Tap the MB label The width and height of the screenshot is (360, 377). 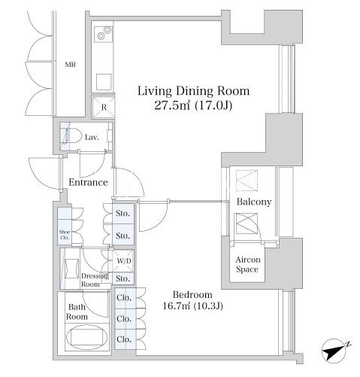[70, 65]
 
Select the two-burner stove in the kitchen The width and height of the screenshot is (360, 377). [103, 34]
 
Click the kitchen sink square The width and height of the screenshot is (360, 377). [104, 82]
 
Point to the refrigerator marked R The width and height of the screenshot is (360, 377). [104, 107]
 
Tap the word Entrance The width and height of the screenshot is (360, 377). [88, 182]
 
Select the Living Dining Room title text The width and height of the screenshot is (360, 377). [193, 91]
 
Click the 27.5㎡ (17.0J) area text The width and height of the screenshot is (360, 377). [193, 105]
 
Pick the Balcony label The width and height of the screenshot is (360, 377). [254, 202]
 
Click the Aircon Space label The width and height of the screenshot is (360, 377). [247, 264]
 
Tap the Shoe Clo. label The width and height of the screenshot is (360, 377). [65, 235]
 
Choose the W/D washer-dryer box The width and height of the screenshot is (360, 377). [123, 261]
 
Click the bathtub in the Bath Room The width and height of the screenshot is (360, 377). [86, 337]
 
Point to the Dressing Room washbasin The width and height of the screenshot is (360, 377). [71, 268]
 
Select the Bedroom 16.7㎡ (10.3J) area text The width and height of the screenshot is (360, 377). [192, 306]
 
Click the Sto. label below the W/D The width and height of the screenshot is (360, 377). [123, 278]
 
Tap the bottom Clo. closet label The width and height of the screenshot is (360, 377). [124, 339]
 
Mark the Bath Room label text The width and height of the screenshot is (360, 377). [77, 312]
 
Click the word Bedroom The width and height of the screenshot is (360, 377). [192, 294]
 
